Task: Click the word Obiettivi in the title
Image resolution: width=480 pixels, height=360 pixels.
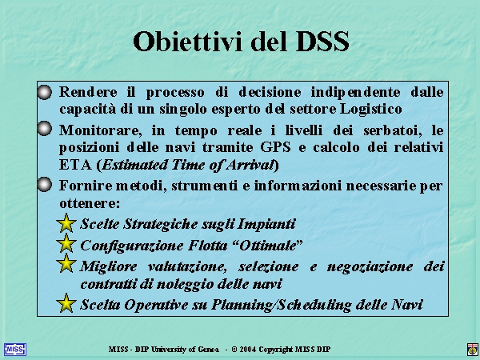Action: click(x=190, y=42)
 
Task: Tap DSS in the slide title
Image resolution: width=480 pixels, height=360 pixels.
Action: click(x=322, y=42)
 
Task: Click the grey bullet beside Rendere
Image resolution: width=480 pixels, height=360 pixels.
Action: click(x=45, y=92)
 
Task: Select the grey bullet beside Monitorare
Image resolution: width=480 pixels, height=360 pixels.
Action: click(x=45, y=128)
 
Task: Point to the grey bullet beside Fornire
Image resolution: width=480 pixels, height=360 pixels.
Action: click(x=45, y=184)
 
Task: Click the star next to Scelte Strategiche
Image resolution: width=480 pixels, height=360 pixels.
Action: click(x=66, y=223)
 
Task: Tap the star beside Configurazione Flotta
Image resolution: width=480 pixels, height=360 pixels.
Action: click(x=66, y=243)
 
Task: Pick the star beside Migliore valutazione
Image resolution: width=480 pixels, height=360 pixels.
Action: click(x=66, y=263)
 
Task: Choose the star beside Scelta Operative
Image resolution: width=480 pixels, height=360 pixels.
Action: click(x=66, y=303)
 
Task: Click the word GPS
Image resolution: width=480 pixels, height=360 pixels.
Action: click(x=275, y=147)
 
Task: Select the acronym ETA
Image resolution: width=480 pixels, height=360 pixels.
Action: click(x=75, y=165)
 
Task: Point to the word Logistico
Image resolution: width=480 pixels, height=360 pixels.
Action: click(x=371, y=110)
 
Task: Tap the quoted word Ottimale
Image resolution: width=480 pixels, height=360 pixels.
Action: click(x=267, y=246)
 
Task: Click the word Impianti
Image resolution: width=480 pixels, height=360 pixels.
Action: click(x=266, y=224)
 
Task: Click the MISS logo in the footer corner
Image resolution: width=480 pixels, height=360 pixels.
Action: click(x=15, y=350)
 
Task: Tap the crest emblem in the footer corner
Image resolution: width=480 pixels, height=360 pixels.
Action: click(x=473, y=350)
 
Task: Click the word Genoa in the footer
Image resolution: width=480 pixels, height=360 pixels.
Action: click(x=208, y=350)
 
